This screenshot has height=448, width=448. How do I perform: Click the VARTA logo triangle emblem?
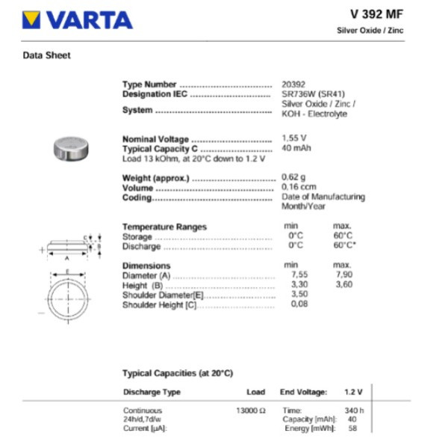pos(31,19)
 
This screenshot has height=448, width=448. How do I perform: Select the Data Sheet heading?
pos(47,55)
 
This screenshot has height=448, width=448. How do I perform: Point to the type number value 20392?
pos(293,85)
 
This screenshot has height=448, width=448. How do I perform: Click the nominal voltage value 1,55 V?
pos(293,138)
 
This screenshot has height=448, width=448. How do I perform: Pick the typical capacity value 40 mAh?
pos(296,148)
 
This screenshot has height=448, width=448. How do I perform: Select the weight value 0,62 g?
pos(293,177)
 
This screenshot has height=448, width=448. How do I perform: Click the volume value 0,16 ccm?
pos(299,187)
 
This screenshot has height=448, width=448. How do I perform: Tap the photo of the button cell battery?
pos(74,147)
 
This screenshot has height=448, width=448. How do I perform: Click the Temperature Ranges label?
pos(164,227)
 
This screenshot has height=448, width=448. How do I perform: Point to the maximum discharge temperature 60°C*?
pos(344,245)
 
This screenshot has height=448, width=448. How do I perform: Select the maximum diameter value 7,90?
pos(343,275)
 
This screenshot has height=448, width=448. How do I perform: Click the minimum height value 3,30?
pos(298,285)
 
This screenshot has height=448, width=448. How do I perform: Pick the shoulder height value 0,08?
pos(298,304)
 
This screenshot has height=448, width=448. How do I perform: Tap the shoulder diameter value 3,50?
pos(298,295)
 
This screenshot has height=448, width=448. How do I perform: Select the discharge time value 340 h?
pos(353,410)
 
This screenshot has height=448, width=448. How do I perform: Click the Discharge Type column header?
pos(152,392)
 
